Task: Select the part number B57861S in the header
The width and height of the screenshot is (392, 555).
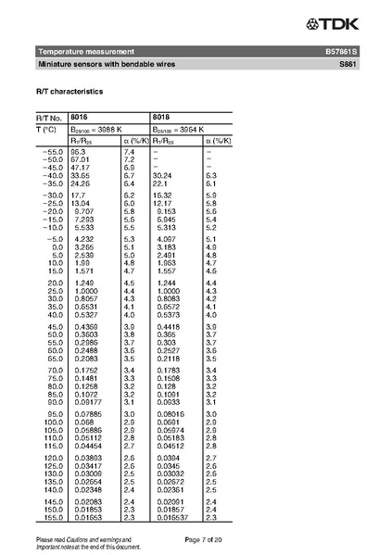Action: [340, 51]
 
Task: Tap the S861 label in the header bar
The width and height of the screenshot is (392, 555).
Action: [347, 65]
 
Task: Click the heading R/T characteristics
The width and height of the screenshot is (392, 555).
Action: [70, 93]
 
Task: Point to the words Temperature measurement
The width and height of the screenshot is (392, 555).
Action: [86, 51]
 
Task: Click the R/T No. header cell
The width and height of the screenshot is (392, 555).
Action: [49, 118]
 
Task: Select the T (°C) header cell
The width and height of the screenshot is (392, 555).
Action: [49, 129]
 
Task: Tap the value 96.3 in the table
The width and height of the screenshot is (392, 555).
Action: [78, 151]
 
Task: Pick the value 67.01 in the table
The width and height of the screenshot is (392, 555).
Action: [79, 159]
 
